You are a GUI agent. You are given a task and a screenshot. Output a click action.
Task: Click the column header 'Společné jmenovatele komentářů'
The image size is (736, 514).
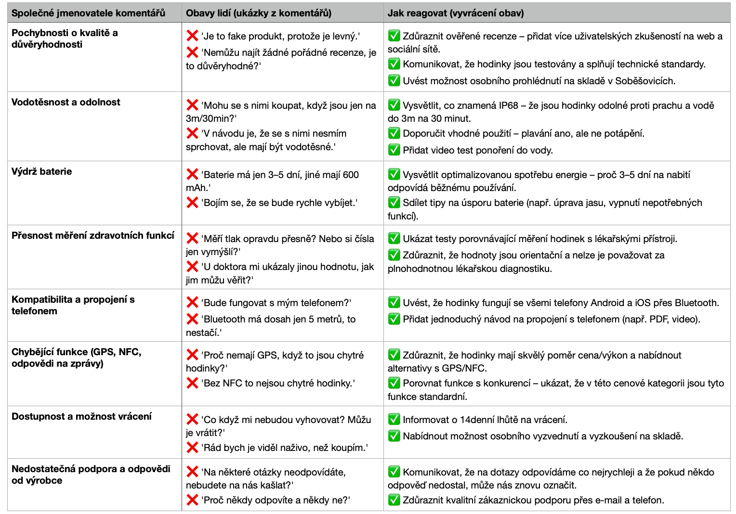(88, 13)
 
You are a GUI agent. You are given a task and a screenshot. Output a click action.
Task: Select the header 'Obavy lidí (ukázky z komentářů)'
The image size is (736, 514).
(259, 13)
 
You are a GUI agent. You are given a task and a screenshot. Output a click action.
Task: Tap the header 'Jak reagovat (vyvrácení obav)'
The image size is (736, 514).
(455, 13)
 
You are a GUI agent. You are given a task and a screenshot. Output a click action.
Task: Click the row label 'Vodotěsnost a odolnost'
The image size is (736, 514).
(66, 102)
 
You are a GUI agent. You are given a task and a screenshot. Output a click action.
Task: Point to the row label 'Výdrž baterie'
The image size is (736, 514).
(42, 171)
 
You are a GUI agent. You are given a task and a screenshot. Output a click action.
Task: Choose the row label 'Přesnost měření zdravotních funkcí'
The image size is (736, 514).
(93, 235)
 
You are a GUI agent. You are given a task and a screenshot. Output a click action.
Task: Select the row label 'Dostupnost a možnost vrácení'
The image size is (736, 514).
(81, 416)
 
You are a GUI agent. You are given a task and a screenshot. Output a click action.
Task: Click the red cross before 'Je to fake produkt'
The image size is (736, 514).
(192, 36)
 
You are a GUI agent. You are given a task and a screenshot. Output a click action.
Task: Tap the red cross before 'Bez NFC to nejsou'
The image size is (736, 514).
(192, 383)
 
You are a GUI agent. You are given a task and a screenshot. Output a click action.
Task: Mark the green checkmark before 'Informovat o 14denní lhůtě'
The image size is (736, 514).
(394, 419)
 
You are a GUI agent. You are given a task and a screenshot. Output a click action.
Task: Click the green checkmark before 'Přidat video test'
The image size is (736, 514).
(394, 150)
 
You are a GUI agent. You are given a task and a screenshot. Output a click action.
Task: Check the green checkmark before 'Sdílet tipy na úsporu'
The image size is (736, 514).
(394, 202)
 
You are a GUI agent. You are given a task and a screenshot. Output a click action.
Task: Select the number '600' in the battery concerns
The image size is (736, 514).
(351, 175)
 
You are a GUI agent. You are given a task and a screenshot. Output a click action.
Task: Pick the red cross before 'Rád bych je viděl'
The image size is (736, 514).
(192, 448)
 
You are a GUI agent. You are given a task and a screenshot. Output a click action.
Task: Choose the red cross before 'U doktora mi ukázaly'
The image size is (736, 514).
(192, 267)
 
